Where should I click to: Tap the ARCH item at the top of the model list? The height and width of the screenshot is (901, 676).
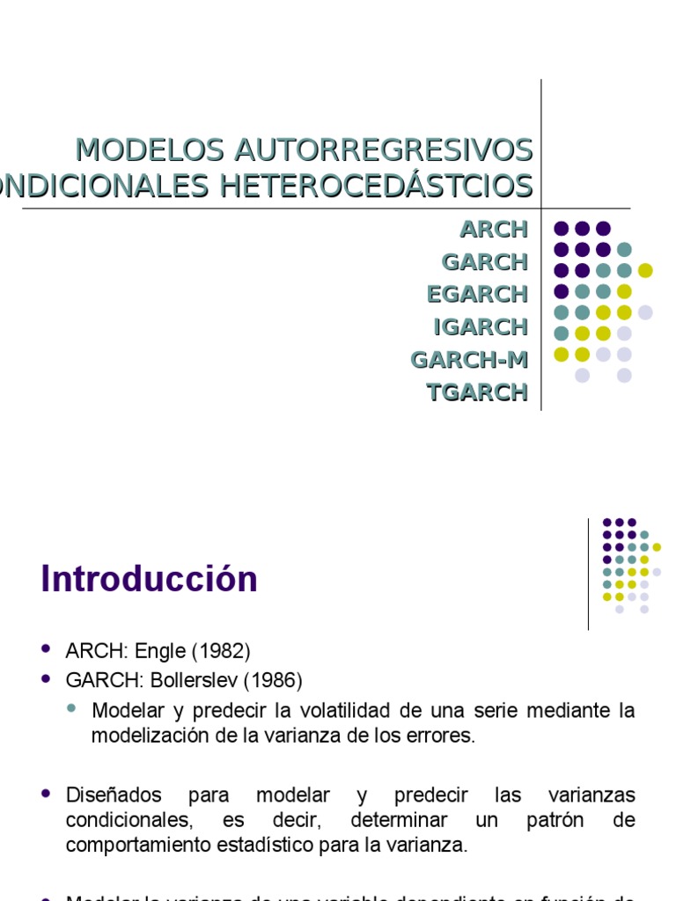tap(494, 230)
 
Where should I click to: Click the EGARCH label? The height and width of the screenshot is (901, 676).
tap(478, 294)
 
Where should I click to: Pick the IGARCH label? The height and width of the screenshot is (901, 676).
tap(481, 326)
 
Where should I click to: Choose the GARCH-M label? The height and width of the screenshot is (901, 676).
tap(470, 359)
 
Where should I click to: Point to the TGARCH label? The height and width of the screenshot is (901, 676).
tap(477, 392)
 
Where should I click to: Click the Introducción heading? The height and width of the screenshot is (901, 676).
tap(150, 580)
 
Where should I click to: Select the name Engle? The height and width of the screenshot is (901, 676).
tap(162, 652)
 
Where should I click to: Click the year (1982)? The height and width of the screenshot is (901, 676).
tap(221, 652)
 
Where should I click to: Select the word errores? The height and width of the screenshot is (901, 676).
tap(445, 736)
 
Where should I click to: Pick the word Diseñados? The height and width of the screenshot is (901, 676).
tap(114, 795)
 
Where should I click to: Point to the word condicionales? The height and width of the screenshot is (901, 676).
tap(129, 821)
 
